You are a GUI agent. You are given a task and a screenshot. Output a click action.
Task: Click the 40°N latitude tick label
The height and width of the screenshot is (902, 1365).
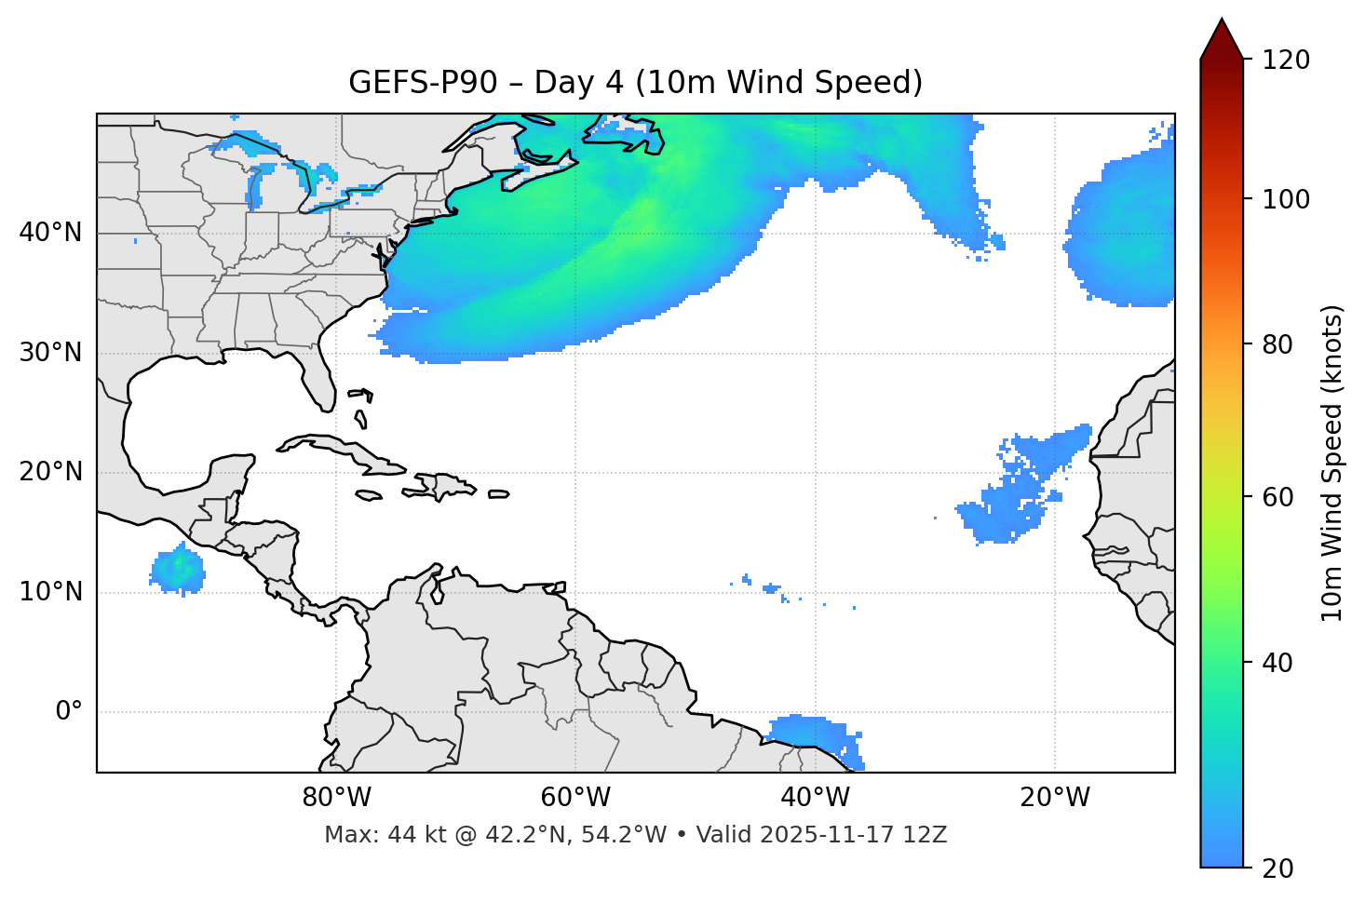pyautogui.click(x=50, y=233)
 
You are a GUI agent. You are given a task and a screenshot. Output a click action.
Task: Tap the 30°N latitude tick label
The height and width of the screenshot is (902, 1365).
pyautogui.click(x=50, y=353)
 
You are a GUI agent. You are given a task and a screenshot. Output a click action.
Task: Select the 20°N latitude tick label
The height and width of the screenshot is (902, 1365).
pyautogui.click(x=50, y=472)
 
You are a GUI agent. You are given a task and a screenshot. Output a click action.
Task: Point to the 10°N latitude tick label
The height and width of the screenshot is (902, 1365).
pyautogui.click(x=50, y=592)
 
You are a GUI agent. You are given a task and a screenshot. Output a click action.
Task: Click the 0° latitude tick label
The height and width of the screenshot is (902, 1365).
pyautogui.click(x=69, y=712)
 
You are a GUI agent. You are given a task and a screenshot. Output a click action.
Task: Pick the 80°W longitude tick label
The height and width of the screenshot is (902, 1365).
pyautogui.click(x=336, y=798)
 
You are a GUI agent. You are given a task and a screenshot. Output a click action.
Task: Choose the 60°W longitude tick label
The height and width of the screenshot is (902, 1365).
pyautogui.click(x=575, y=798)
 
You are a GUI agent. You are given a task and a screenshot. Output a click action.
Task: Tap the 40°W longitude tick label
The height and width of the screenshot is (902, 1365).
pyautogui.click(x=815, y=798)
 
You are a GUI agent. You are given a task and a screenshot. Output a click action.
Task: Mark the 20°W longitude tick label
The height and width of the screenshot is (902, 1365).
pyautogui.click(x=1054, y=798)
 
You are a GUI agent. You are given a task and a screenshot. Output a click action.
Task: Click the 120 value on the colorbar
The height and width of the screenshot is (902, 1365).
pyautogui.click(x=1286, y=61)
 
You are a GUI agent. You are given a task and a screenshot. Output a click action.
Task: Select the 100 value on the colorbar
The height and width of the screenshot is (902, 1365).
pyautogui.click(x=1286, y=199)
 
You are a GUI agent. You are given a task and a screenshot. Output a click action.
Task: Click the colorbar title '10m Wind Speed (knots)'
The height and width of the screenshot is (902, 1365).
pyautogui.click(x=1332, y=464)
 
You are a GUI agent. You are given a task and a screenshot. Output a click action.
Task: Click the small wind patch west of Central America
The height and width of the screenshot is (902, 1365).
pyautogui.click(x=177, y=569)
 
